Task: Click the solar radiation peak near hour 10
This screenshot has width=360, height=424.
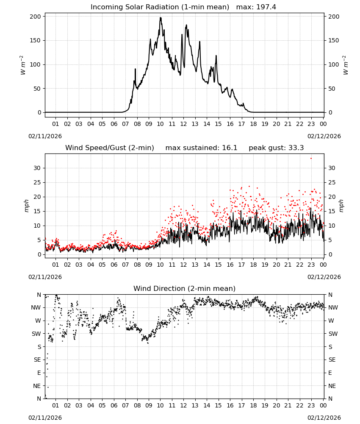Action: [x=161, y=18]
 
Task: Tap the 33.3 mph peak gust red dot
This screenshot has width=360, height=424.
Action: [x=311, y=159]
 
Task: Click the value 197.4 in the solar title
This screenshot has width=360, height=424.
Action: [x=266, y=7]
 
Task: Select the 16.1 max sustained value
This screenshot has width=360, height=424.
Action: [x=230, y=148]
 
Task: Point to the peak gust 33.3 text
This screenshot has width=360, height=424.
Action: [x=276, y=148]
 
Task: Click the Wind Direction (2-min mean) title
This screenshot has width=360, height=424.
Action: [x=185, y=288]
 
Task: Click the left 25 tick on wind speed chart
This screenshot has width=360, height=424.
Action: [x=38, y=182]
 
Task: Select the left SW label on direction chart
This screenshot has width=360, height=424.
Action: [x=36, y=334]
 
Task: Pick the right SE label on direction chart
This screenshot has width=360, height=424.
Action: [x=332, y=360]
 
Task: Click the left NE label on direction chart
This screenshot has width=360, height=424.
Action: [x=37, y=386]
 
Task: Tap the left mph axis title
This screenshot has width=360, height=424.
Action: [x=26, y=206]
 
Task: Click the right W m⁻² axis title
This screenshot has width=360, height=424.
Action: [x=346, y=65]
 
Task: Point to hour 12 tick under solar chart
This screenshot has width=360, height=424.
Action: [x=183, y=124]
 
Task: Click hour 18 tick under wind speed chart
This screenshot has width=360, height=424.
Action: [x=253, y=265]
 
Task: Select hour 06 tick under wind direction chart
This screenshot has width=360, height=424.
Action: [x=114, y=406]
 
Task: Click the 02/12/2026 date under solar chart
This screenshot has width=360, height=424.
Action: [x=324, y=136]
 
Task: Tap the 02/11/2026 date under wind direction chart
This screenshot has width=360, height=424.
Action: [x=45, y=418]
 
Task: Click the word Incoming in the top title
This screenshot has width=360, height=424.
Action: [x=104, y=7]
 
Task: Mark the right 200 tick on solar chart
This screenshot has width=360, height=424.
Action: [x=334, y=17]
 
